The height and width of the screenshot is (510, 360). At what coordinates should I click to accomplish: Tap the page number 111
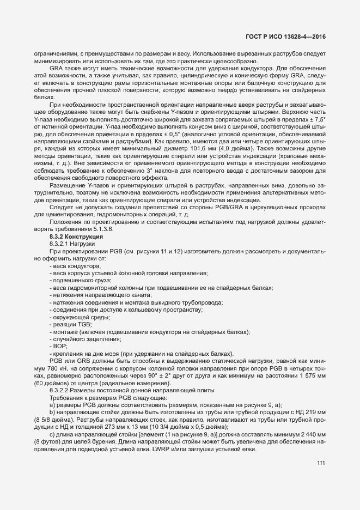coord(321,463)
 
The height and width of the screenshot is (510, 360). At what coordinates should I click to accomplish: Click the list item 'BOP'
coord(60,345)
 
